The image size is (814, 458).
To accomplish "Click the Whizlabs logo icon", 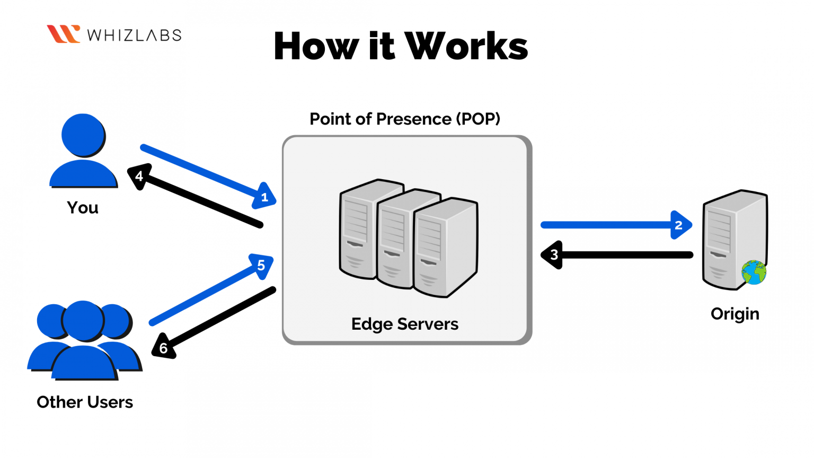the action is (x=63, y=34).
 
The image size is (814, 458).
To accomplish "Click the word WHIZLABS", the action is (x=134, y=36).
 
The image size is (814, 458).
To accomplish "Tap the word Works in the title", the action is (x=466, y=46).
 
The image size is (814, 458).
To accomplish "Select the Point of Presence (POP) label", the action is (x=405, y=119).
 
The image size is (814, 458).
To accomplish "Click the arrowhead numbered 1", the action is (x=264, y=196).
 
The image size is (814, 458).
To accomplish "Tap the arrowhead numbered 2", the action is (x=680, y=225).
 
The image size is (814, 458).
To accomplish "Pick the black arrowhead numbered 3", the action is (x=552, y=255).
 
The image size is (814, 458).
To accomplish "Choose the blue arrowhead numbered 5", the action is (x=262, y=266).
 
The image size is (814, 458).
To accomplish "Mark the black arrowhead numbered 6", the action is (x=164, y=347).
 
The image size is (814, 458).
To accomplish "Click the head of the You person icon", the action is (x=83, y=135).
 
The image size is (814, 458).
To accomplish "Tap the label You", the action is (x=83, y=208).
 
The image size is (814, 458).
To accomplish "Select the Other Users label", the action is (x=85, y=402).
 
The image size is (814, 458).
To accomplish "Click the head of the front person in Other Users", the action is (x=83, y=321).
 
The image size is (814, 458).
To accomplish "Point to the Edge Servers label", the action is (x=405, y=324).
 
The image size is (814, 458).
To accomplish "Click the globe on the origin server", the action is (x=754, y=272).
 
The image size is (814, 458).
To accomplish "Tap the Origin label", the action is (x=735, y=314).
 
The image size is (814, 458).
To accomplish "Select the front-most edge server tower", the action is (x=446, y=247).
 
